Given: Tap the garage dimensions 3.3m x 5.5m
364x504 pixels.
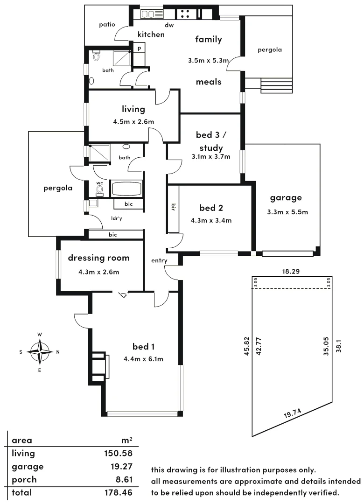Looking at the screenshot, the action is click(x=287, y=212).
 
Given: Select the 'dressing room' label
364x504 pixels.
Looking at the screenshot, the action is click(x=98, y=258).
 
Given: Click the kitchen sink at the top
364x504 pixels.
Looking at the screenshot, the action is click(x=151, y=14).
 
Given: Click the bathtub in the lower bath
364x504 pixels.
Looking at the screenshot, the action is click(x=126, y=189).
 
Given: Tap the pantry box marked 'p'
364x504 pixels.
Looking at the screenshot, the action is click(x=139, y=47).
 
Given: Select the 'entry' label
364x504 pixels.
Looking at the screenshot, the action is click(x=159, y=261).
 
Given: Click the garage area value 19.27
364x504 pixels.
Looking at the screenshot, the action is click(x=120, y=466).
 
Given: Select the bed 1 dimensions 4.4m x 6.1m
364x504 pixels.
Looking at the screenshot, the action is click(x=143, y=359).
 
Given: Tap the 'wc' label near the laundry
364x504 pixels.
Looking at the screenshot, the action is click(x=99, y=183).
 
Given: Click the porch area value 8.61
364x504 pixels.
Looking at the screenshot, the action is click(x=122, y=479).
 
